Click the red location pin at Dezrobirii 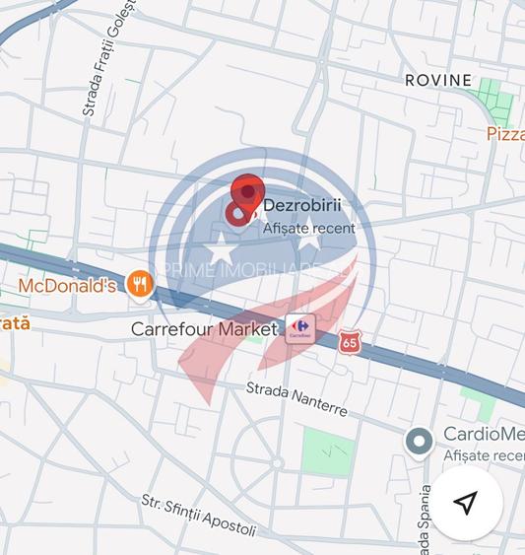[x=245, y=198]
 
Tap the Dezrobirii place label [x=302, y=207]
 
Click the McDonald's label [x=68, y=286]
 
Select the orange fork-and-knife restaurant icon [x=141, y=286]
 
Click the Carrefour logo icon [x=299, y=329]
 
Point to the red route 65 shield [x=349, y=342]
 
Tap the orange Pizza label [x=505, y=134]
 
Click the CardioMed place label [x=484, y=435]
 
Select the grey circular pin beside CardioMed [x=420, y=443]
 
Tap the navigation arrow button [x=466, y=503]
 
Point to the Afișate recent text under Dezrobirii [x=309, y=229]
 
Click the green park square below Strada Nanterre [x=326, y=452]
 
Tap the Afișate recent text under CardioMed [x=484, y=455]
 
